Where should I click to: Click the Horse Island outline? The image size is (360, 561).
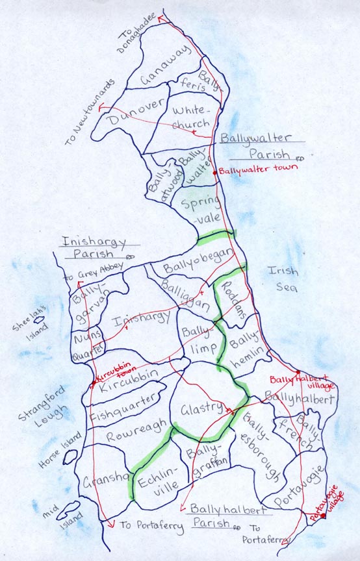coord(70,456)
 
